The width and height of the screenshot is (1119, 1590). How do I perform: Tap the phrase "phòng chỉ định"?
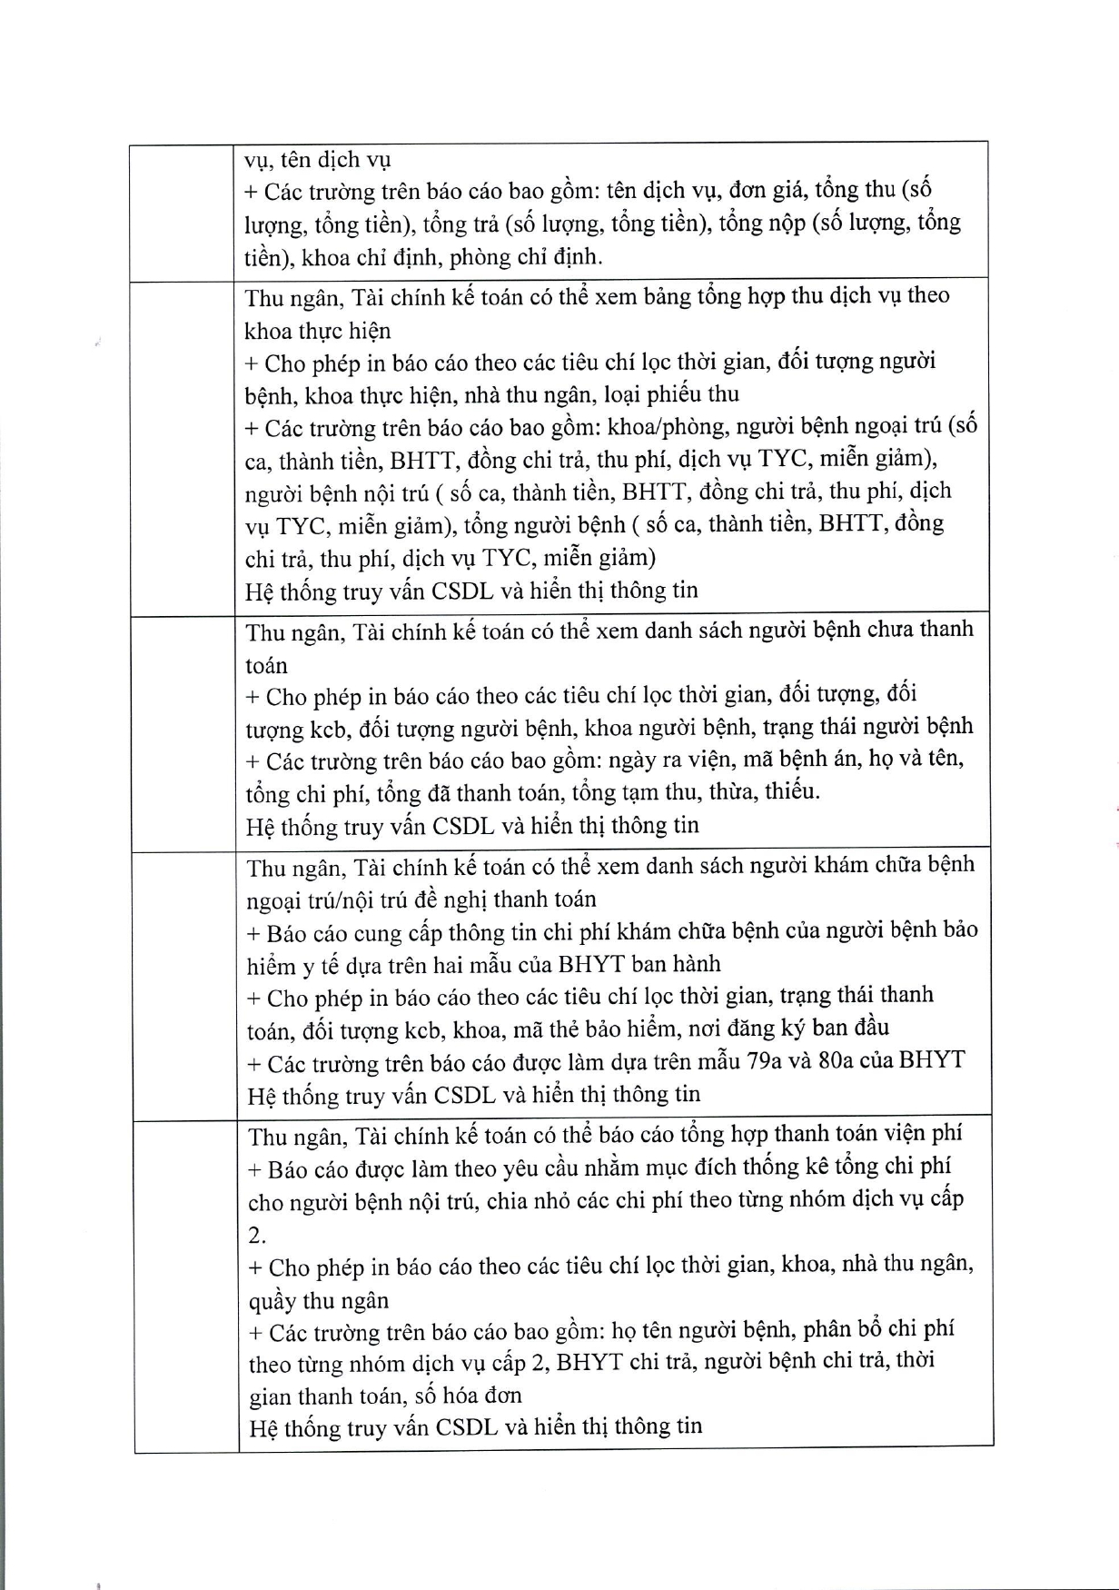526,257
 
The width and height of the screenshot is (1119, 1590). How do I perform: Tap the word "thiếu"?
791,792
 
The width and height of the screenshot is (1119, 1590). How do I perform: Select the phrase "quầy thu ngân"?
319,1301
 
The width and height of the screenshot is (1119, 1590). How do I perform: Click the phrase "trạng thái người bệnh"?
867,727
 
